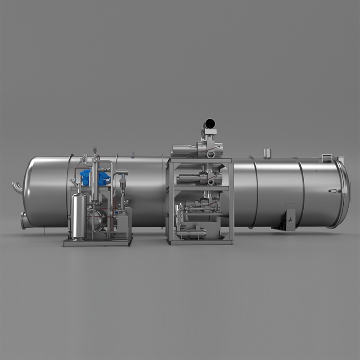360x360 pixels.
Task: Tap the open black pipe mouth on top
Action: (210, 123)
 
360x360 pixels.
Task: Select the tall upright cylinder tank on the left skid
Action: (79, 216)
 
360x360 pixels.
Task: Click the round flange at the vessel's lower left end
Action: (23, 220)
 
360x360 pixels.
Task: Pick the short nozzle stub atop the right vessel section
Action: (266, 153)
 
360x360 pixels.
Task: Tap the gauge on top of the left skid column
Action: (94, 149)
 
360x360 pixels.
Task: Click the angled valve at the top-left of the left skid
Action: (81, 159)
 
